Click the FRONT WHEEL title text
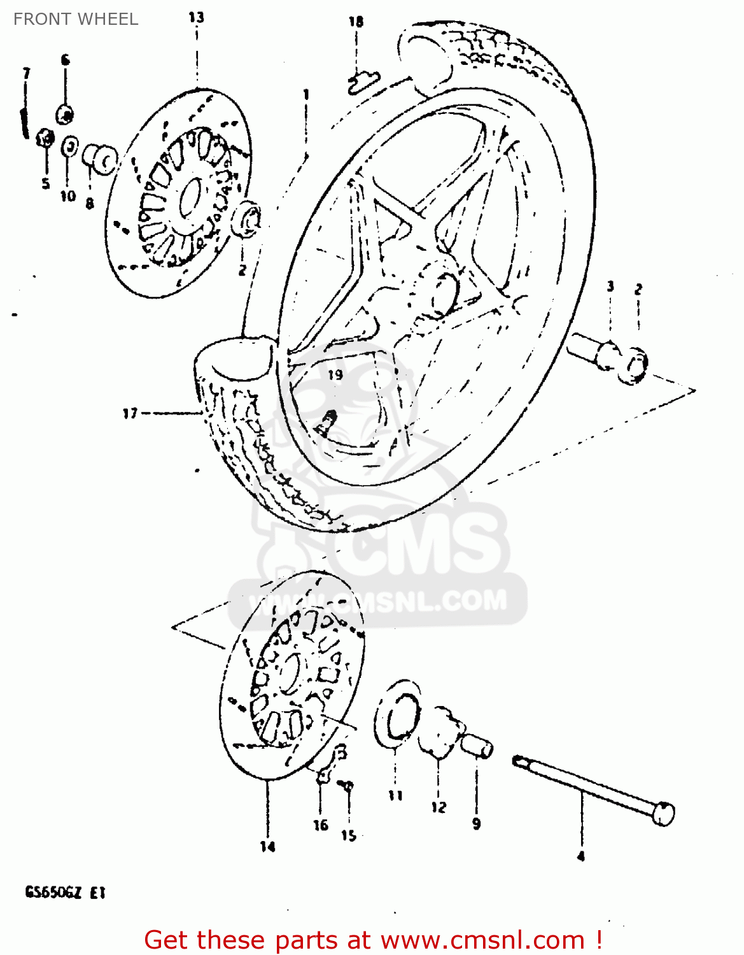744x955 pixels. click(x=76, y=19)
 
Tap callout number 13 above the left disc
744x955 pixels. click(x=196, y=17)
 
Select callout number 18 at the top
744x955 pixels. click(x=356, y=22)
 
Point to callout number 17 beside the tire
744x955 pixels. click(x=130, y=414)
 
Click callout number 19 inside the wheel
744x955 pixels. click(x=335, y=375)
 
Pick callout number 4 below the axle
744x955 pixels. click(x=580, y=857)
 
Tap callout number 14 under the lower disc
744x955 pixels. click(x=268, y=846)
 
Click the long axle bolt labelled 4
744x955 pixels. click(x=592, y=790)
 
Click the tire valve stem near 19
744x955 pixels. click(x=328, y=421)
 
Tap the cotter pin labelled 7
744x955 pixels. click(x=24, y=122)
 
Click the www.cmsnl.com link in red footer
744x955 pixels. click(x=482, y=940)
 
